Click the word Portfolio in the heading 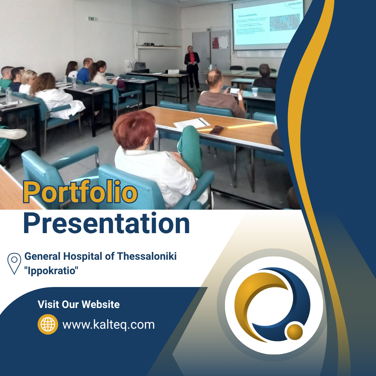click(x=80, y=192)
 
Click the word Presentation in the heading click(x=107, y=223)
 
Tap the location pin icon click(x=14, y=263)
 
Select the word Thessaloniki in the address click(x=147, y=256)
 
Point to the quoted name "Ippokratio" click(x=51, y=270)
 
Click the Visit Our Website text click(x=79, y=304)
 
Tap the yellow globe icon click(x=48, y=324)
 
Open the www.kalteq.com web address click(x=108, y=325)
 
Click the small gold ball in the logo click(x=294, y=332)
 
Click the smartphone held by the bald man click(x=235, y=91)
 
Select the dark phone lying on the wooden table click(x=217, y=129)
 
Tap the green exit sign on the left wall click(x=92, y=19)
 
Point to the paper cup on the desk click(x=255, y=91)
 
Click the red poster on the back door click(x=216, y=43)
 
